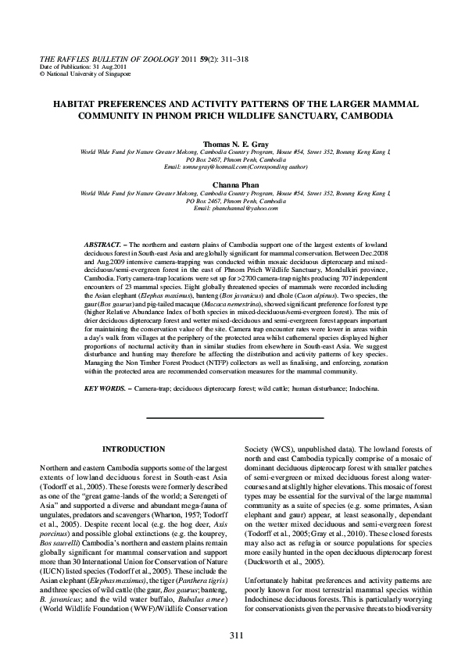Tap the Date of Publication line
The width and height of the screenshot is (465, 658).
tap(74, 66)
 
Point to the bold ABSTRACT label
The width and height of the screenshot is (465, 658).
tap(102, 245)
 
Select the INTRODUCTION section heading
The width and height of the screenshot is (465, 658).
tap(134, 449)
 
